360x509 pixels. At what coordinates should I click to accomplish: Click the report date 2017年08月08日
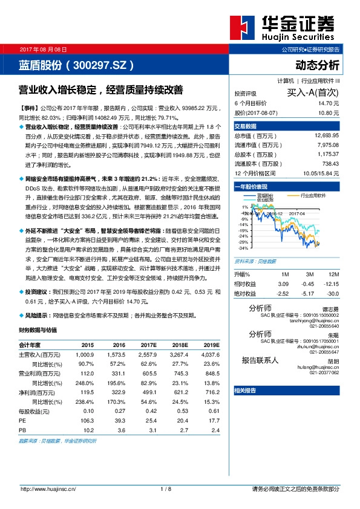click(44, 48)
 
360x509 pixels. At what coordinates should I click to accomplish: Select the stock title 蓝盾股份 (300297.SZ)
click(76, 65)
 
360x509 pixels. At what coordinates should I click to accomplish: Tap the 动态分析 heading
click(318, 65)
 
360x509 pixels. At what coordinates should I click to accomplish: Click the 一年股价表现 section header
click(251, 187)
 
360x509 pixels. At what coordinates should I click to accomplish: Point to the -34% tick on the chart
click(242, 248)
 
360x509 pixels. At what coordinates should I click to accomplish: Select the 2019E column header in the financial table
click(211, 344)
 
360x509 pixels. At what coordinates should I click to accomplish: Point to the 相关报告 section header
click(246, 391)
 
